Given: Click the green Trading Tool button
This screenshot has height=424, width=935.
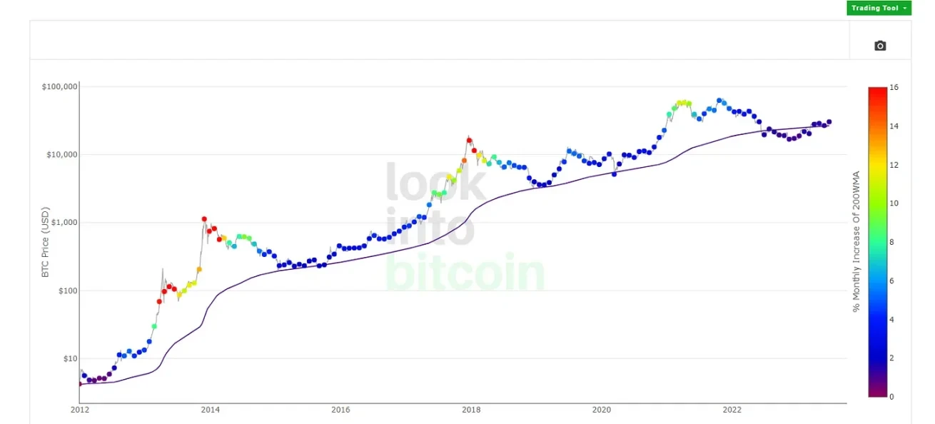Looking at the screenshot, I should pos(879,8).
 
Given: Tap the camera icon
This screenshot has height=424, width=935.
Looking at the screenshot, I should pos(880,46).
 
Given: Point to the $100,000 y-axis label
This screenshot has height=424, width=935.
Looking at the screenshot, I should pos(60,87).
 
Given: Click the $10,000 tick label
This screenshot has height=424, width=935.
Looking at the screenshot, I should pos(62,155).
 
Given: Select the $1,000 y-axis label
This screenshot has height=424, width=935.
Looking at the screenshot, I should pos(64,223).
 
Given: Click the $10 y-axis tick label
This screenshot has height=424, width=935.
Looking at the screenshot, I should pos(69,358).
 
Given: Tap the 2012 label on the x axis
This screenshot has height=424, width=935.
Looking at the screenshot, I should pos(80,410).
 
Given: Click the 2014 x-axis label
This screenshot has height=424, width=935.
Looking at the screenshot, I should pos(210,410).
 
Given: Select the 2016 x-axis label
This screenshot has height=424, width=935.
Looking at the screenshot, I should pos(340,410).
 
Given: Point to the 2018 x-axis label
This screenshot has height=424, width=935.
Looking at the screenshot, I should pos(471,410).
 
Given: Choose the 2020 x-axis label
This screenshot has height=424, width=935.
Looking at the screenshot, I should pos(602,410).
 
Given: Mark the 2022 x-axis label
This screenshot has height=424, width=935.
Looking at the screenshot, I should pos(732,410).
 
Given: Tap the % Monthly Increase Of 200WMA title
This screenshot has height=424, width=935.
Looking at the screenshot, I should pos(856,241).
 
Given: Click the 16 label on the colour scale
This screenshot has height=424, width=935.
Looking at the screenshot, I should pos(894,88).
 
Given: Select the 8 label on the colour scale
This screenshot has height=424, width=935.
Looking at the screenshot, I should pos(891,242).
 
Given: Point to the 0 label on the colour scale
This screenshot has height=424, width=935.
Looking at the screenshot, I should pos(891,396).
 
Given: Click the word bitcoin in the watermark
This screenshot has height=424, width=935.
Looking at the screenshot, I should pos(465,273).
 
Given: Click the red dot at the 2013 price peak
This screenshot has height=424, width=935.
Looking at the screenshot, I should pos(204,219).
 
